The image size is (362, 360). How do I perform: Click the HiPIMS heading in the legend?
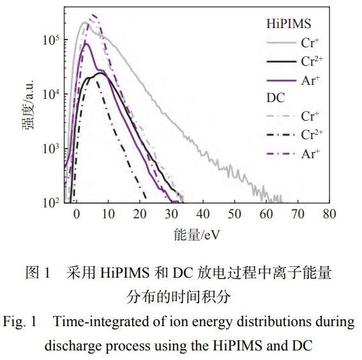pos(288,24)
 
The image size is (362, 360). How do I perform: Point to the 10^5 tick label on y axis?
pos(50,39)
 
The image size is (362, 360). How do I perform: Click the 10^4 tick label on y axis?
pos(50,94)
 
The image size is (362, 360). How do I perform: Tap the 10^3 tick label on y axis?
pos(50,148)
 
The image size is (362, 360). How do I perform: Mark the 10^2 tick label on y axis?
pos(50,202)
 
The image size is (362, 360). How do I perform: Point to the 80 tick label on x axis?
pos(329,213)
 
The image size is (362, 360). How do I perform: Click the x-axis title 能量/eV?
pos(197,235)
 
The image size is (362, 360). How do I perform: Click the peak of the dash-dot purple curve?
pos(93,15)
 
